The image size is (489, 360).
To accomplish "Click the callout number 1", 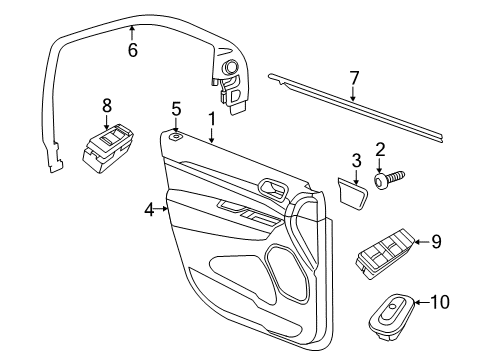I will tap(211, 119).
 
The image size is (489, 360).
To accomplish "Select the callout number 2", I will tap(380, 150).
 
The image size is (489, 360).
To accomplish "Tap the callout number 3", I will tap(356, 160).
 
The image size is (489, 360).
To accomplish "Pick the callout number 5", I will tap(175, 108).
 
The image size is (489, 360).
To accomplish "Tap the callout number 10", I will tap(443, 301).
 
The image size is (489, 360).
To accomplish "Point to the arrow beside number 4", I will tap(162, 209).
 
